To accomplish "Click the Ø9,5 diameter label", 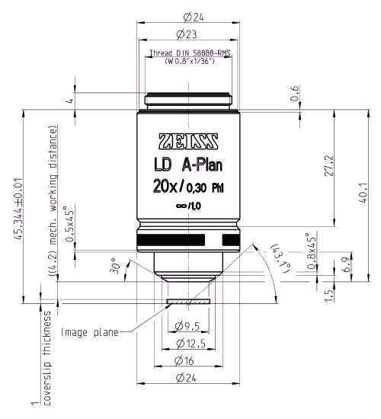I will pos(187,327).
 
